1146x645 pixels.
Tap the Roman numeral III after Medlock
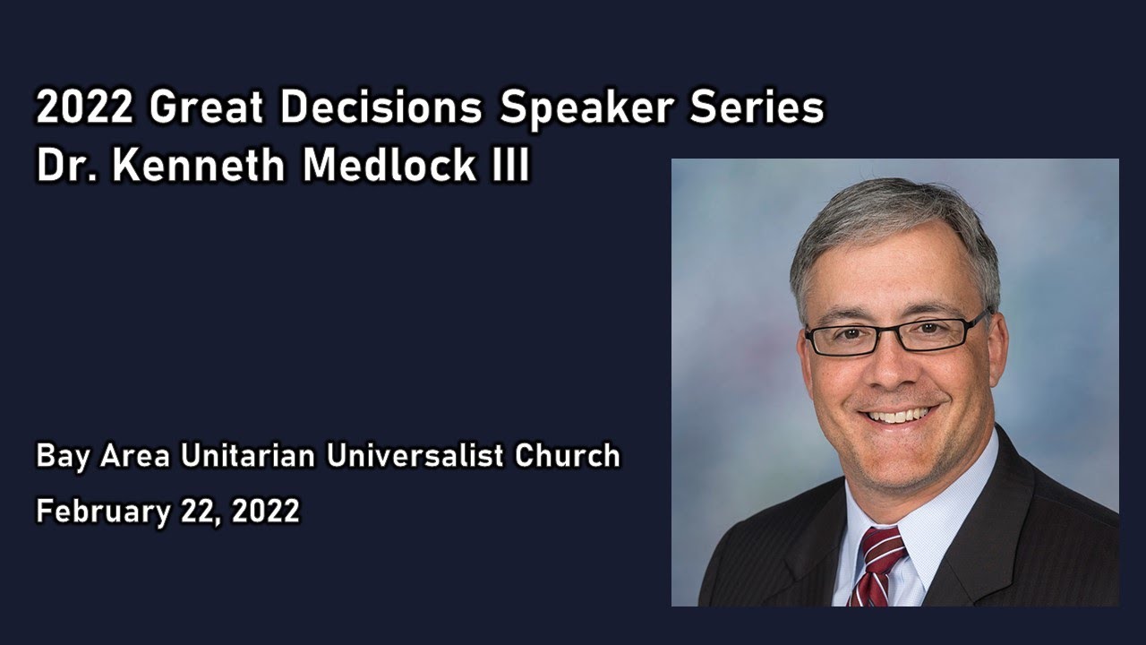tap(510, 166)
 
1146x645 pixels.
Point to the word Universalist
tap(415, 455)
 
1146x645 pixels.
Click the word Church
tap(568, 455)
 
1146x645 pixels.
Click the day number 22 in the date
tap(201, 512)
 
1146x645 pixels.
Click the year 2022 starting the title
tap(85, 108)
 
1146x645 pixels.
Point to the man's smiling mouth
tap(898, 416)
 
